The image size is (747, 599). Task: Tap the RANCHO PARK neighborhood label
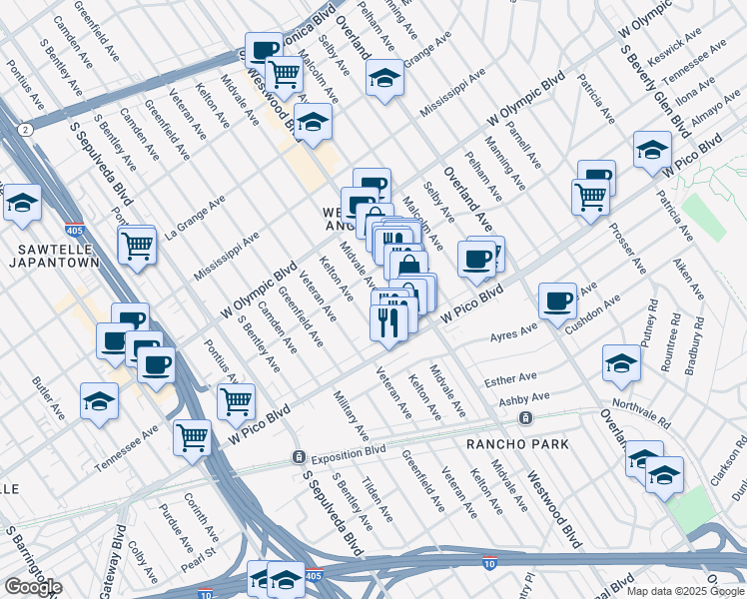tap(518, 443)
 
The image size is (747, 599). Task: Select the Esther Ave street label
tap(510, 380)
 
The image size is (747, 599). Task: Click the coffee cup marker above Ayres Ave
tap(557, 299)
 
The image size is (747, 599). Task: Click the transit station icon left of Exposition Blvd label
tap(298, 456)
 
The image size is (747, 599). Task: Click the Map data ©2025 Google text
tap(685, 591)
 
